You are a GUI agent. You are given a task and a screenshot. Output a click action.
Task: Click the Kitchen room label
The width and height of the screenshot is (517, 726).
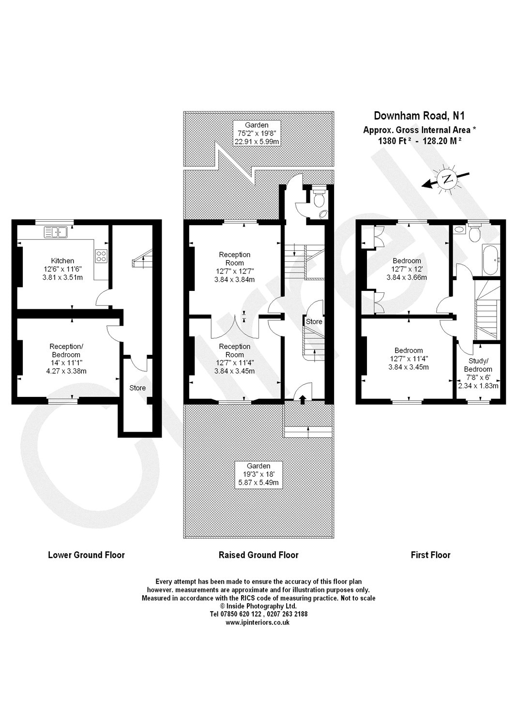[63, 261]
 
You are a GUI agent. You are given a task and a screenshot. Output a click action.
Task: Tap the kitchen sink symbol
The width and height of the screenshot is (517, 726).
[57, 232]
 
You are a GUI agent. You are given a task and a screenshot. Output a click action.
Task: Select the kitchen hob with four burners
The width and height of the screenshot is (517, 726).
[102, 256]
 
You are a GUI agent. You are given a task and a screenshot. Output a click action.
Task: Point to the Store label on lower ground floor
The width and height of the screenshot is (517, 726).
[137, 388]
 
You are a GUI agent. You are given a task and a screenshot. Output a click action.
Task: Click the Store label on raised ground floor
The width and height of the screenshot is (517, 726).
[314, 321]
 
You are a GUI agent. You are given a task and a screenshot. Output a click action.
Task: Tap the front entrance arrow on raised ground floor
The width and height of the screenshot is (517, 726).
[303, 399]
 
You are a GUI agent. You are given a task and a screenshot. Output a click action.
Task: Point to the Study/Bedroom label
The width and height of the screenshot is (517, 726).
[480, 365]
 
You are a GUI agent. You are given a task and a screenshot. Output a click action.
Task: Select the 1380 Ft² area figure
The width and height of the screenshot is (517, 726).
[395, 142]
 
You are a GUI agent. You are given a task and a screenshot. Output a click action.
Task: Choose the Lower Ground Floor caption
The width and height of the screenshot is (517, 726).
[86, 555]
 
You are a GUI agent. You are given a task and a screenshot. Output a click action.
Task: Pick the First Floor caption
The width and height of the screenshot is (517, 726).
[430, 555]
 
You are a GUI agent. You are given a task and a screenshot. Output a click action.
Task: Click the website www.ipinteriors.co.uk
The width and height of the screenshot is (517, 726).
[258, 623]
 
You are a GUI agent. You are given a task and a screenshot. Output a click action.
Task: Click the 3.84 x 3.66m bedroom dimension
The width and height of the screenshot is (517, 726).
[407, 277]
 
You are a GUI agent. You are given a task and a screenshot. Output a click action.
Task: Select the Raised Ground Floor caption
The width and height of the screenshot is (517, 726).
[258, 555]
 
